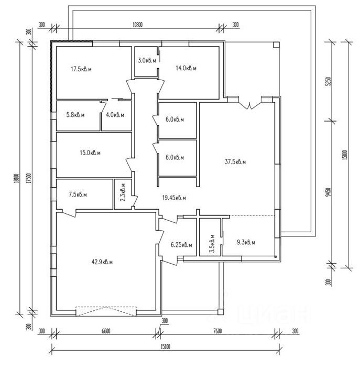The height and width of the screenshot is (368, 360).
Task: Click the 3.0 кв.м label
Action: [147, 61]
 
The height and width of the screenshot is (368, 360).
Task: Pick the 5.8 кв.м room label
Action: [75, 115]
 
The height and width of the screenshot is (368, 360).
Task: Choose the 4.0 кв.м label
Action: [115, 115]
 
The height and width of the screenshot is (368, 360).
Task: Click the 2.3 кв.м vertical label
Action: [123, 192]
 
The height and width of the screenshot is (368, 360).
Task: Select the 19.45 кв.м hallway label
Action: [174, 198]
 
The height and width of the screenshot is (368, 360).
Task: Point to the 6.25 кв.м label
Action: [182, 244]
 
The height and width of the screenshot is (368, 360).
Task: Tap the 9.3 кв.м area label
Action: [246, 242]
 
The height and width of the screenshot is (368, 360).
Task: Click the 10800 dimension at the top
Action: [138, 24]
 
